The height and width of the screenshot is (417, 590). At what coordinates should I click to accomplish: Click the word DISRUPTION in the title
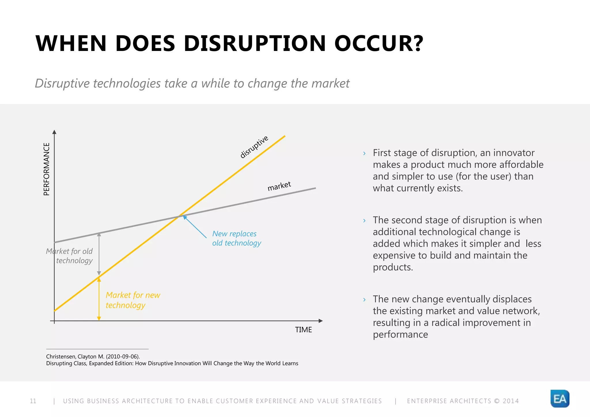255,43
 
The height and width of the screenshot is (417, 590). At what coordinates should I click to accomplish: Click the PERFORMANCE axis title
46,169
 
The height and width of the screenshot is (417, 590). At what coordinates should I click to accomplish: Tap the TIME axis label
303,330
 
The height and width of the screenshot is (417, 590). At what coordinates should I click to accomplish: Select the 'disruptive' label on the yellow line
254,147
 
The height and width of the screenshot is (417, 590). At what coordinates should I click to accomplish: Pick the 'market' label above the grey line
279,186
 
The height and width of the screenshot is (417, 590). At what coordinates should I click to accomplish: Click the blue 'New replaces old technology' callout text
236,238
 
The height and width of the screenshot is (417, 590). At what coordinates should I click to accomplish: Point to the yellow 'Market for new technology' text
133,300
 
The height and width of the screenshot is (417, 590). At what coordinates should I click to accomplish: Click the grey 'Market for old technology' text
70,256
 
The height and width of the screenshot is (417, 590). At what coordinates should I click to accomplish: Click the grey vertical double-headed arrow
99,254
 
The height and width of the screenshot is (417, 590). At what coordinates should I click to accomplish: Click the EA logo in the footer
560,399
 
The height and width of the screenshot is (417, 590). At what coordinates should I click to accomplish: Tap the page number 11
33,401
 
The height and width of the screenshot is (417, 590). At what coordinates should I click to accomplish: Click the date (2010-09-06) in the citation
122,357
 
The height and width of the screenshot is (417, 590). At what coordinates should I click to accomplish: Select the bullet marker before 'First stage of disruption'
364,153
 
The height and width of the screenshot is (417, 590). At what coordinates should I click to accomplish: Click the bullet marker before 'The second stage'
364,221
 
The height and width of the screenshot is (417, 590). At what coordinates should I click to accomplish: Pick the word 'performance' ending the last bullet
400,334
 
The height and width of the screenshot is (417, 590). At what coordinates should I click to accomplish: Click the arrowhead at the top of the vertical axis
54,132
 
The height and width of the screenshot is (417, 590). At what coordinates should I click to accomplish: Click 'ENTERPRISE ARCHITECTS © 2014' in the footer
463,401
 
